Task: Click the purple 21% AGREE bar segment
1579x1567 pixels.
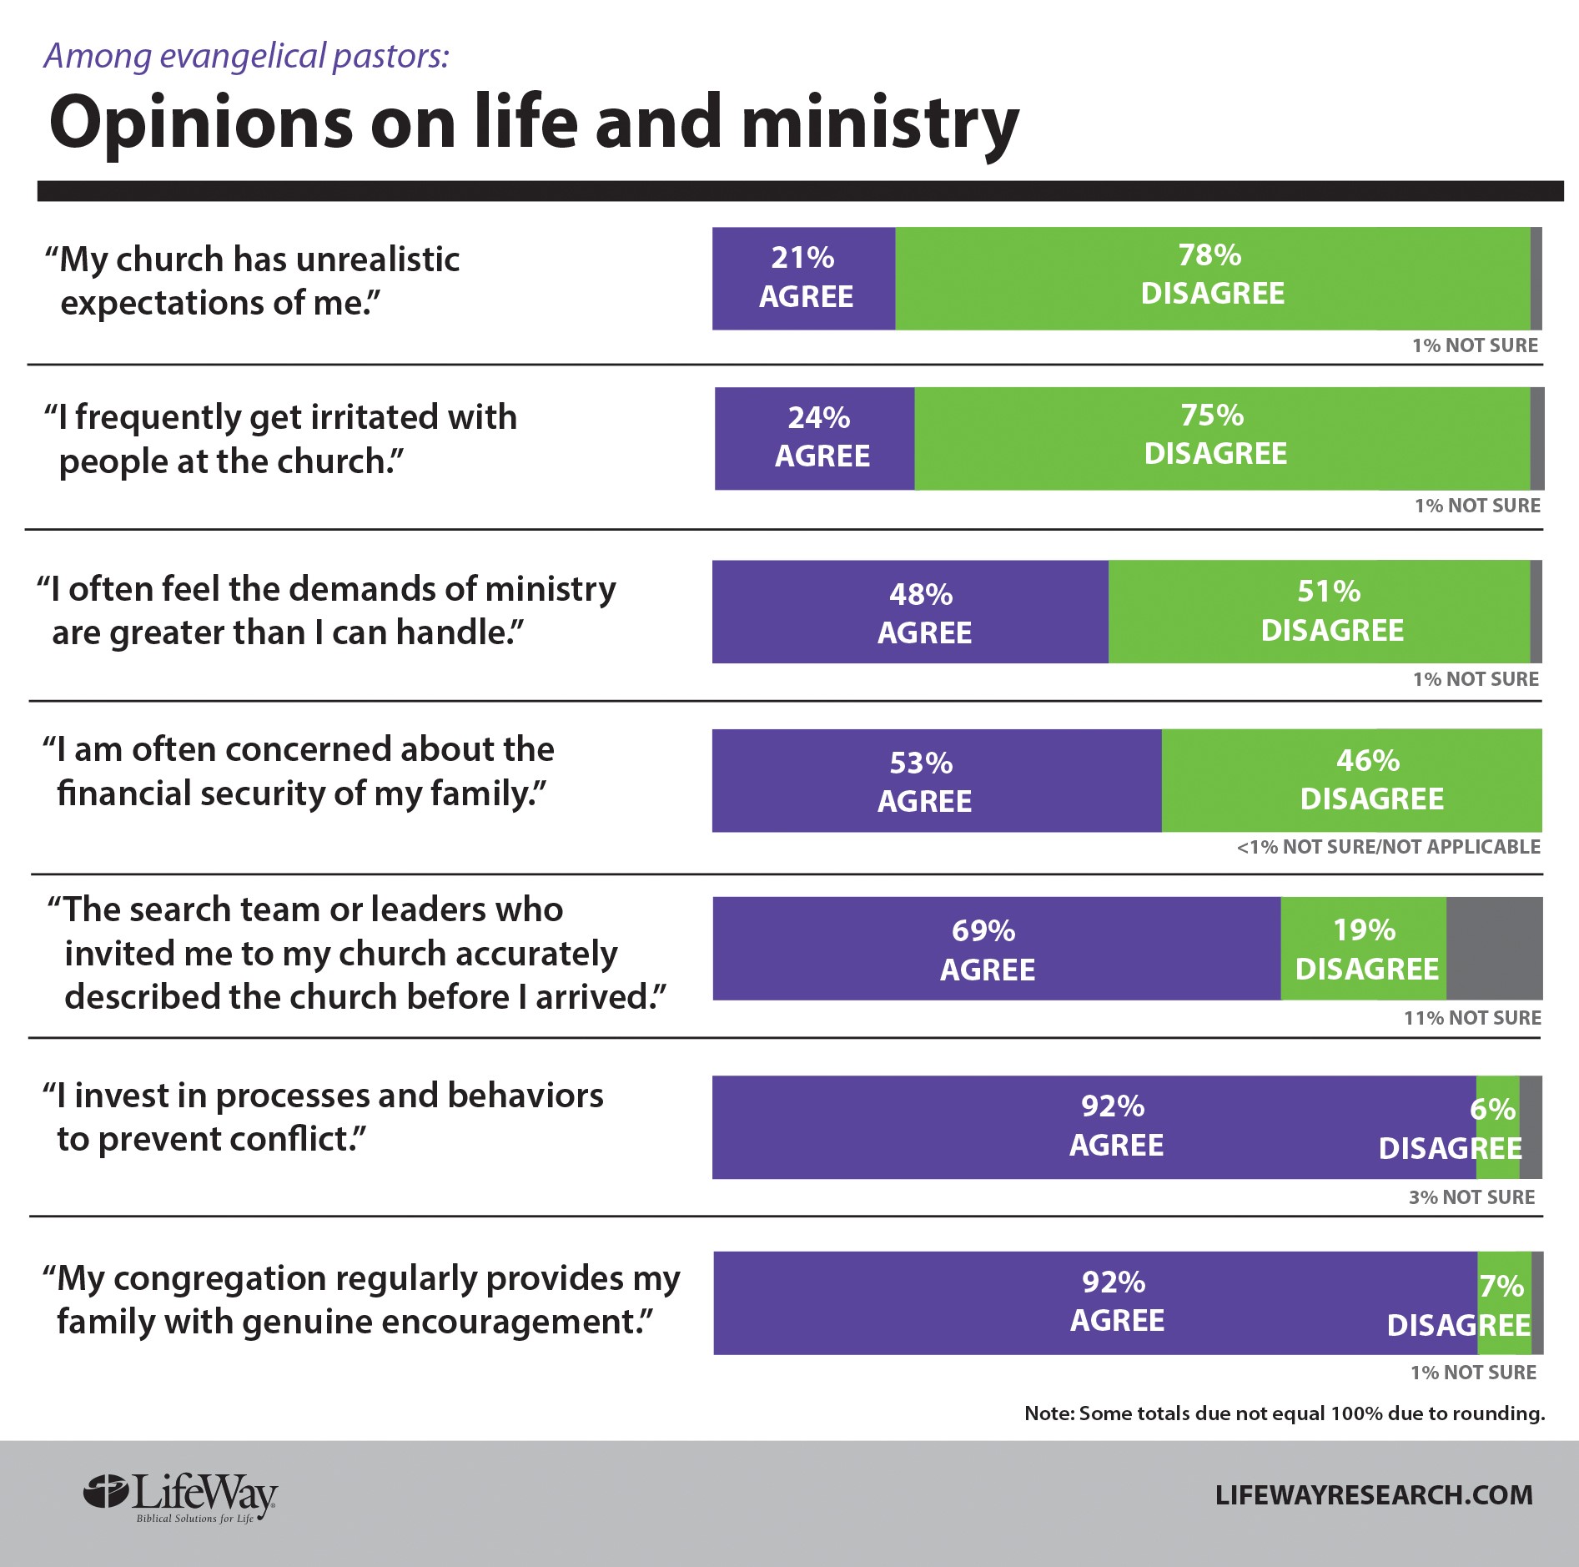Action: click(803, 278)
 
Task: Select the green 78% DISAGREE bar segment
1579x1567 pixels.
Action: click(1212, 278)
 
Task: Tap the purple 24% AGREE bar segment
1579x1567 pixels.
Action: click(814, 438)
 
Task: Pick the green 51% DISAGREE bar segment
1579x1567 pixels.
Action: click(1319, 612)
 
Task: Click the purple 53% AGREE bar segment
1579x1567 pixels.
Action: click(936, 780)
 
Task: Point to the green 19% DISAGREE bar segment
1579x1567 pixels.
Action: click(1363, 949)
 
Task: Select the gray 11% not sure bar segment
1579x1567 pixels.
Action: click(1494, 949)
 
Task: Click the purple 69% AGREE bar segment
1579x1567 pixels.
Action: click(996, 949)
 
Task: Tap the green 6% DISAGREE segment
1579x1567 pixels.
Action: click(1497, 1126)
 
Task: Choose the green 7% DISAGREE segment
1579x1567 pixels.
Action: click(1504, 1302)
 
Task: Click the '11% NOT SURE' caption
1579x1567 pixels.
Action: click(1472, 1018)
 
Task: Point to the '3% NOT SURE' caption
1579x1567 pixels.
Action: click(1471, 1197)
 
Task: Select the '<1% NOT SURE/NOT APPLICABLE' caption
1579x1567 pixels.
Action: click(1388, 847)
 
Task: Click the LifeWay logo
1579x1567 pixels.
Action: click(181, 1497)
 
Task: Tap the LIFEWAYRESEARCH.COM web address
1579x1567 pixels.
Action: click(1373, 1494)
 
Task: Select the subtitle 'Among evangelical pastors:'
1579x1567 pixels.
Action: click(247, 56)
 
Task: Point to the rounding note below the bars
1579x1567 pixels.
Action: click(1285, 1413)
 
